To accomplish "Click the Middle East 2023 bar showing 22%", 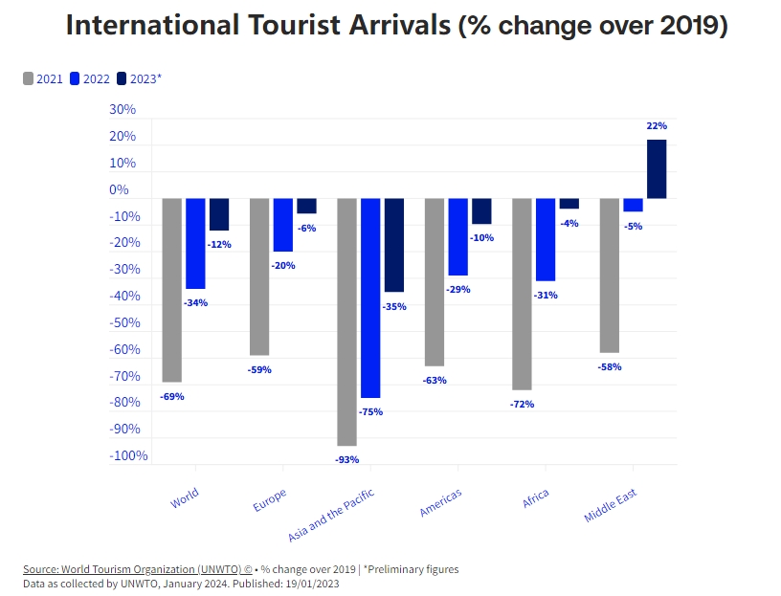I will [657, 169].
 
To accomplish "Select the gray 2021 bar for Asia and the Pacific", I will [346, 321].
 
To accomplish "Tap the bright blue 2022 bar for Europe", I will [282, 225].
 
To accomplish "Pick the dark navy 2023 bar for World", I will [219, 214].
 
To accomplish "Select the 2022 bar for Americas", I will [457, 236].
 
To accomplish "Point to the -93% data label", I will [346, 460].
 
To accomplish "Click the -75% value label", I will [370, 412].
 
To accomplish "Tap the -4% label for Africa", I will [569, 224].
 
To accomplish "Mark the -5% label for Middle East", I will [633, 227].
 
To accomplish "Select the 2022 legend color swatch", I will [75, 78].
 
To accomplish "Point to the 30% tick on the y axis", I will [123, 110].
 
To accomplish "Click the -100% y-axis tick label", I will [128, 455].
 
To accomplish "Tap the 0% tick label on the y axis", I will [119, 190].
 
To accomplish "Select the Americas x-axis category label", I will [441, 501].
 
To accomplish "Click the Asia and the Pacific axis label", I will [332, 515].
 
